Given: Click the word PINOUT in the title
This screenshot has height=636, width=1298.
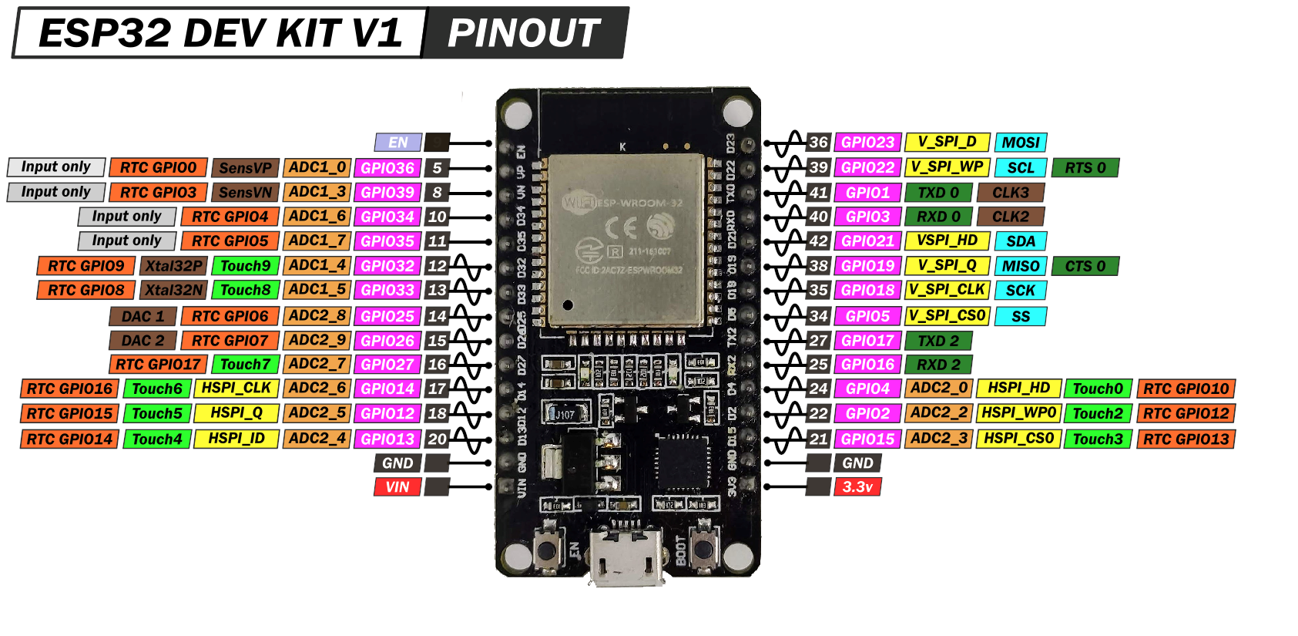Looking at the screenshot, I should coord(524,33).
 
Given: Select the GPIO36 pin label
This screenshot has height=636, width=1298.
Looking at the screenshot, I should coord(387,168).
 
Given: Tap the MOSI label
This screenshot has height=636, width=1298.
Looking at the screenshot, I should coord(1021,143).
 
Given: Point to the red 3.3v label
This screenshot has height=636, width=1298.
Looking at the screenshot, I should coord(857,486).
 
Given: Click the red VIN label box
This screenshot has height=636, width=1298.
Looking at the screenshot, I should coord(397,487).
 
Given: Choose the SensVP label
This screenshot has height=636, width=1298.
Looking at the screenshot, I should coord(245,168).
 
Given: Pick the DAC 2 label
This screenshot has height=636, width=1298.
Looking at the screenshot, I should coord(143,341).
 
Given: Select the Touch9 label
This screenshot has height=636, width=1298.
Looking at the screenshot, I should coord(245,266).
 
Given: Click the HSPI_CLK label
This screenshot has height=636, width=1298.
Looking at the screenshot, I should coord(236,388).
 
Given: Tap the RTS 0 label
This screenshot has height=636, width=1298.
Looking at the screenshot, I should coord(1085,168).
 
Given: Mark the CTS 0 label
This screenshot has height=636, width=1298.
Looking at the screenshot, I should coord(1085,266).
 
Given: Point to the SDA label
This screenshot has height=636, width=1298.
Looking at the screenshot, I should coord(1021,241).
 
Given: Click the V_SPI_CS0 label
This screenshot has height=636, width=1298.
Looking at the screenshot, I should coord(947,315).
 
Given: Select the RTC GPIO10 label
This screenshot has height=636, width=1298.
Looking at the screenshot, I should coord(1186,389).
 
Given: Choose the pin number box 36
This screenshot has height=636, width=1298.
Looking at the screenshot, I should coord(818,143).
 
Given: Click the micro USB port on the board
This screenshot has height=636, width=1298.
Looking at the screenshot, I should coord(626,557).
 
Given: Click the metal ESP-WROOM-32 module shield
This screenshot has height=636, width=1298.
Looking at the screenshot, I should coord(626,238).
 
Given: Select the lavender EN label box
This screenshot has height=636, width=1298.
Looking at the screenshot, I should coord(397,143).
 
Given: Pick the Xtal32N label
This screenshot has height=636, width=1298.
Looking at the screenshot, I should coord(174,291).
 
